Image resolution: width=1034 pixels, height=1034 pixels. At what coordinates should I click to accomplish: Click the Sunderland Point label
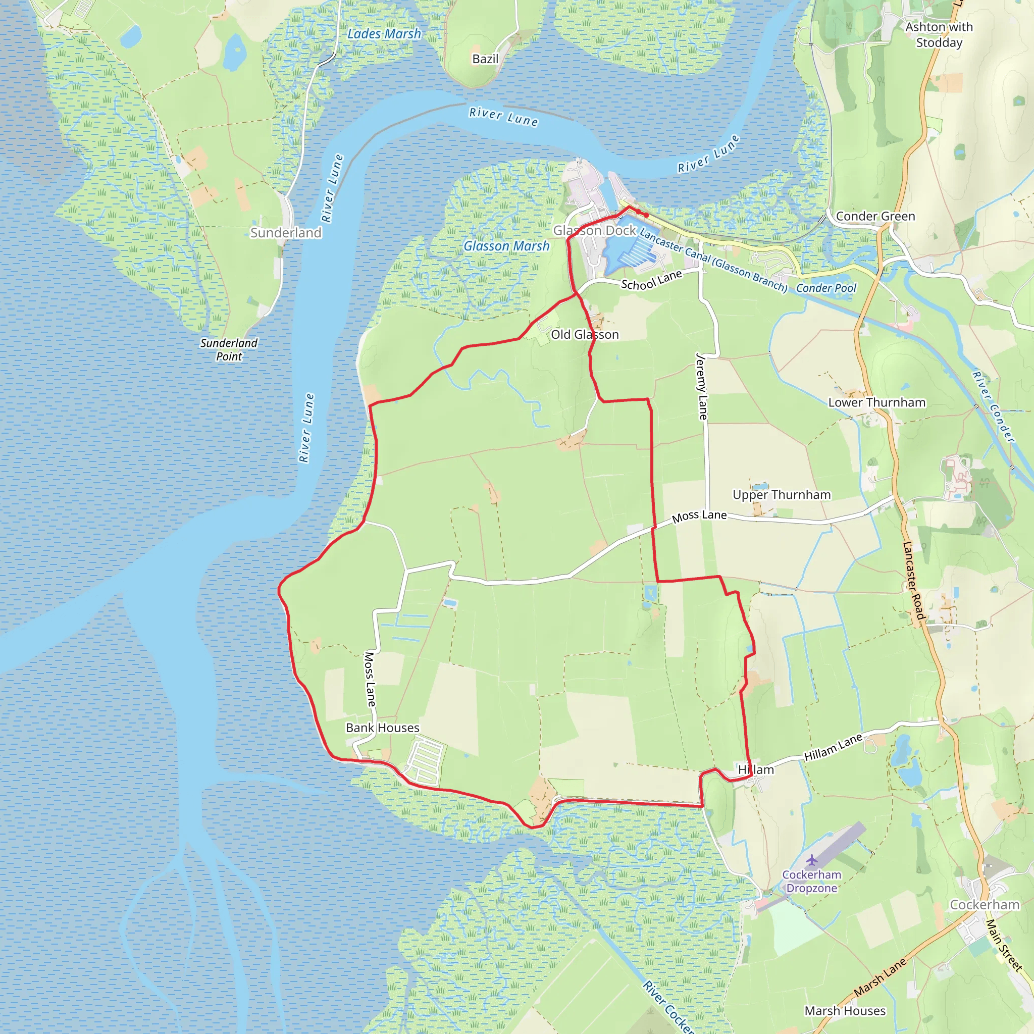point(229,349)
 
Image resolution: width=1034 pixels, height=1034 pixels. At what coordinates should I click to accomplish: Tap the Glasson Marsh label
point(506,246)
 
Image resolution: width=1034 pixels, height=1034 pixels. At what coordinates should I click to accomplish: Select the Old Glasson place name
point(585,335)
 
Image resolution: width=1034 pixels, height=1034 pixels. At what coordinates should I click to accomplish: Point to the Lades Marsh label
point(384,34)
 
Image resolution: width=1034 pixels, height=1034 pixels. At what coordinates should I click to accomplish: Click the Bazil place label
point(485,59)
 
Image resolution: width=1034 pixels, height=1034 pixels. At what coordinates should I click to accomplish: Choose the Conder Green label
point(875,216)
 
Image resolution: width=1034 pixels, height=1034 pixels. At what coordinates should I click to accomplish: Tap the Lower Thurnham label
point(876,402)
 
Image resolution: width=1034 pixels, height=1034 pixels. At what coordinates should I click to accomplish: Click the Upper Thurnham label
point(782,494)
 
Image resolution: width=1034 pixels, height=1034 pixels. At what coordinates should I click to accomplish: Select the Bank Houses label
point(382,728)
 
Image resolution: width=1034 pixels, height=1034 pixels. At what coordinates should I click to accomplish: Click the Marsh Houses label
point(845,1011)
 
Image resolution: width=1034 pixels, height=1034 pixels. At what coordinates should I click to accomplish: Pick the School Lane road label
point(651,280)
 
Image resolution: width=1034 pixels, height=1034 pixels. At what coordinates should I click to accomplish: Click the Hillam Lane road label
point(833,747)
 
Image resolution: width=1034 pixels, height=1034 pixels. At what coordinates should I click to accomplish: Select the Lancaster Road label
point(913,581)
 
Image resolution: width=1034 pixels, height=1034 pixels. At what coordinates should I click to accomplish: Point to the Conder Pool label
point(826,288)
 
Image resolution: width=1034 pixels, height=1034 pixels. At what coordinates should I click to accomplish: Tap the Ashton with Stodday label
point(939,34)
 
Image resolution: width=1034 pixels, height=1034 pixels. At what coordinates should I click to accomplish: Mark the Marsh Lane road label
point(880,977)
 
